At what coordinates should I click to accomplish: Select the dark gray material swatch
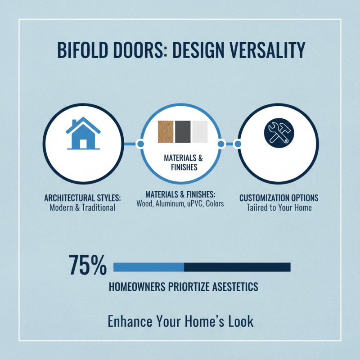[183, 132]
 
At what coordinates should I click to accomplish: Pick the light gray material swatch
[199, 132]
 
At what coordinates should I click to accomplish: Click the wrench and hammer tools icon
[276, 132]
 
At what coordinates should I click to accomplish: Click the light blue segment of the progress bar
[148, 267]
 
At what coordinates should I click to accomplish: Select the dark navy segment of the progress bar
[237, 267]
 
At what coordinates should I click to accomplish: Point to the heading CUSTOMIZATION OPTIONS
[279, 198]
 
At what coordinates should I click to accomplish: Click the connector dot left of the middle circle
[139, 144]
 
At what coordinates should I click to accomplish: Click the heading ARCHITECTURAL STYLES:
[83, 198]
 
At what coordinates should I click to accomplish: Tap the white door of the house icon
[83, 144]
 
